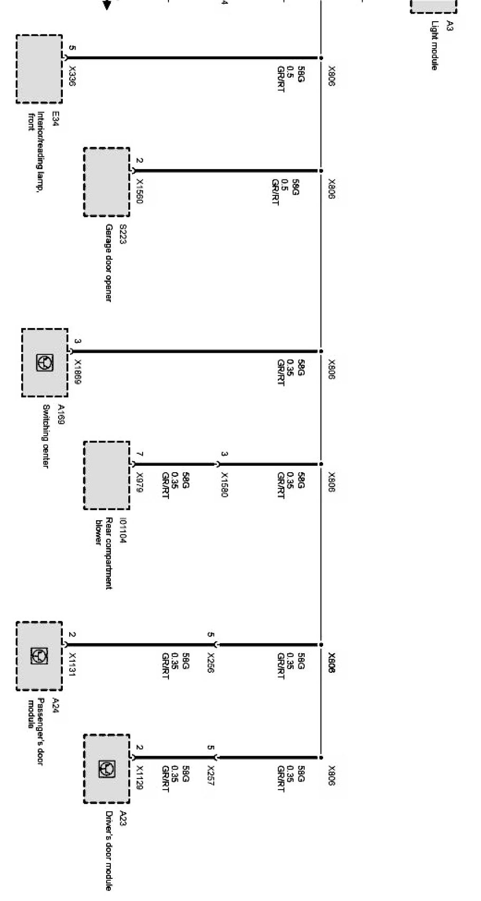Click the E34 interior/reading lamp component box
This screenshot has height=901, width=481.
(39, 69)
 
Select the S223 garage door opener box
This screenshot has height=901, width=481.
(107, 182)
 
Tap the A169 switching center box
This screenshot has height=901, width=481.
(45, 363)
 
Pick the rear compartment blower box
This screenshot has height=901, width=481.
(107, 475)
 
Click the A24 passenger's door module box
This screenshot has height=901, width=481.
(39, 656)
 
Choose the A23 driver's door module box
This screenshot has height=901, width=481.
(107, 769)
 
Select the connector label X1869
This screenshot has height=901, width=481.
(78, 372)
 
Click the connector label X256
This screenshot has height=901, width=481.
(211, 663)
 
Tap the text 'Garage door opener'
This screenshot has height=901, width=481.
(108, 262)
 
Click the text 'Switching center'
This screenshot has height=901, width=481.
(46, 436)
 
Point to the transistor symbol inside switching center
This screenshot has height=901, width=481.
(44, 363)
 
